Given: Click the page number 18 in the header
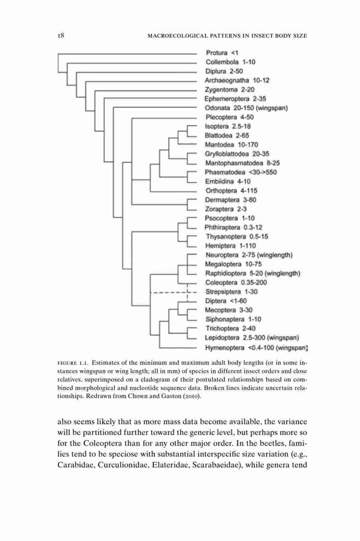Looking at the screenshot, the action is click(x=61, y=36).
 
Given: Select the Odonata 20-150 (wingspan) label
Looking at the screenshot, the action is click(x=246, y=108).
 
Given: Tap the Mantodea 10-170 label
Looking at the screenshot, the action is click(x=231, y=144).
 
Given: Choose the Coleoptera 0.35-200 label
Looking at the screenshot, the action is click(x=236, y=282).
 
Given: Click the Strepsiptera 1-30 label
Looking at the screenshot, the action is click(x=231, y=292).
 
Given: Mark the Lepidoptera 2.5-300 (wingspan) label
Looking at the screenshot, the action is click(x=252, y=338).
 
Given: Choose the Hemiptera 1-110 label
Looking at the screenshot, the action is click(x=230, y=246).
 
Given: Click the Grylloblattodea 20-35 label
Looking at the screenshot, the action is click(x=237, y=154).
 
